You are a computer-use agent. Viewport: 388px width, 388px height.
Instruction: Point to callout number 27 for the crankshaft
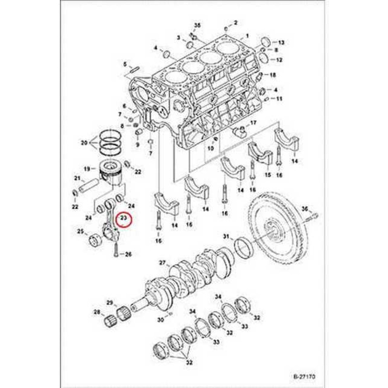pyautogui.click(x=163, y=263)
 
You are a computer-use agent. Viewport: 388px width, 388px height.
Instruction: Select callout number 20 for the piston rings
pyautogui.click(x=84, y=143)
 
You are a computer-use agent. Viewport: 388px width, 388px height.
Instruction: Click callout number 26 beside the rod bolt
pyautogui.click(x=128, y=255)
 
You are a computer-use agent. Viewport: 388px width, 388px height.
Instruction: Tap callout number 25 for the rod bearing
pyautogui.click(x=80, y=232)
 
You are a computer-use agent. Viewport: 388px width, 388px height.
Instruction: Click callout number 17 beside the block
pyautogui.click(x=253, y=123)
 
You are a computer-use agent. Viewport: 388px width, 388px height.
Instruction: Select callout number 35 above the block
pyautogui.click(x=197, y=25)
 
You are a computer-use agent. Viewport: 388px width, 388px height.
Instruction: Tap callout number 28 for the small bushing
pyautogui.click(x=97, y=312)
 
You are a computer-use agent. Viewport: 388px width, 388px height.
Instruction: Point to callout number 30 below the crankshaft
pyautogui.click(x=160, y=320)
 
